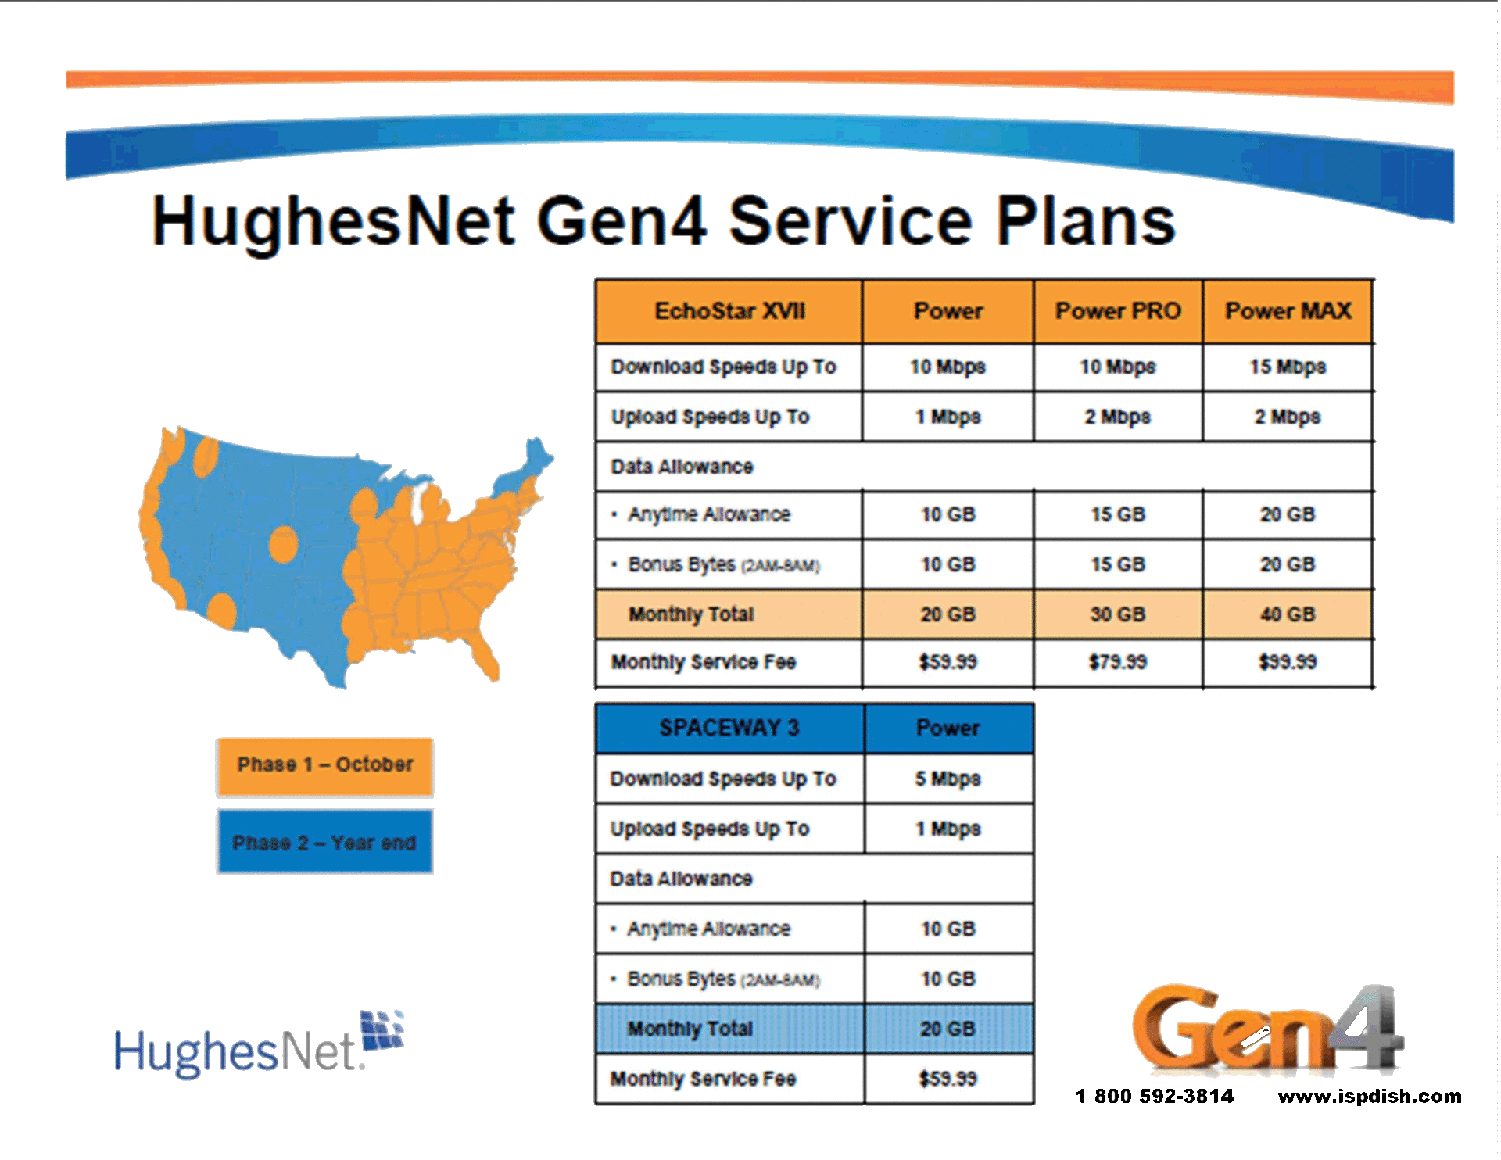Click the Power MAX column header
1288,311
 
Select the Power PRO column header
1118,311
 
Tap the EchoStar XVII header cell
729,311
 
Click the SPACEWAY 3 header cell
729,728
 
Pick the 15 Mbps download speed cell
1288,367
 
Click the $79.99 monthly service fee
1118,662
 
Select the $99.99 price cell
1288,662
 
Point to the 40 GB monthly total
1288,614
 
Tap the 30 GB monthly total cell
1118,614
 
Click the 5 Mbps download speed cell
948,779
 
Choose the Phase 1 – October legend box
325,766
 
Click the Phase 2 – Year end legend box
325,842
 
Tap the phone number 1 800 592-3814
1155,1096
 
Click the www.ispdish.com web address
1370,1096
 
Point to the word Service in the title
851,221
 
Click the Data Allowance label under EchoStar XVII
682,467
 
